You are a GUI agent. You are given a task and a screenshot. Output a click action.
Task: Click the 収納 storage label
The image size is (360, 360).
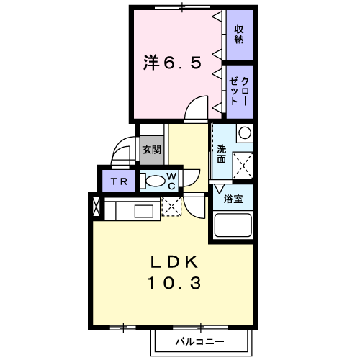point(239,35)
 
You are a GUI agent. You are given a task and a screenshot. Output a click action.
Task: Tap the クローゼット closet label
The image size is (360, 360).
point(238,91)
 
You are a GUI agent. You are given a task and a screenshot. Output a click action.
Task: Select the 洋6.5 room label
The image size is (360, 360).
point(172,63)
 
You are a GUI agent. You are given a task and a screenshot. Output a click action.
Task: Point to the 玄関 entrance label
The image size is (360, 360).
point(151,150)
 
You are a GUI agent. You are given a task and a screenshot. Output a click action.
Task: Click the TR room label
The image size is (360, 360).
point(119,181)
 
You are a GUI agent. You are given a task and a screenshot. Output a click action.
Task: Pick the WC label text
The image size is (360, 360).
point(171,181)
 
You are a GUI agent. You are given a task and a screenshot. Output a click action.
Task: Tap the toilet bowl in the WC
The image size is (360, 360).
point(154,181)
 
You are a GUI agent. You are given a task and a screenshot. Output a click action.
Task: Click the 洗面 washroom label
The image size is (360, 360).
point(222,154)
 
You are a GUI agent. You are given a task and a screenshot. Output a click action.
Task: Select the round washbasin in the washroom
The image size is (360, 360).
point(245,132)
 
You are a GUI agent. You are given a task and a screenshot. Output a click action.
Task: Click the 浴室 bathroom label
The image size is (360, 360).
point(233,199)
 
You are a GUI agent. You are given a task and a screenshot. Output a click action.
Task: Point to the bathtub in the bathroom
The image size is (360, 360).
point(233,225)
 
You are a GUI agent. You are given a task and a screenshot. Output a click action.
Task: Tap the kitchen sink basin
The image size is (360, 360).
point(144,212)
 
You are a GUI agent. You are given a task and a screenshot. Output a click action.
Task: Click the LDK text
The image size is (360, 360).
point(174,262)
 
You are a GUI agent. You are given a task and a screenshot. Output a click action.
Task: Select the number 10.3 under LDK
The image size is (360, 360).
point(174,283)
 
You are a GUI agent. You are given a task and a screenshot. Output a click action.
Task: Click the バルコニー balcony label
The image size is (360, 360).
point(200,341)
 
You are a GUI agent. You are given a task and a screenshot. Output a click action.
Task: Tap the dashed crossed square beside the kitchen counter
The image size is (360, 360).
point(171,207)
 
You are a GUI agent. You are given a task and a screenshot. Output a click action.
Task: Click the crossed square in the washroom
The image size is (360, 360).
point(243,166)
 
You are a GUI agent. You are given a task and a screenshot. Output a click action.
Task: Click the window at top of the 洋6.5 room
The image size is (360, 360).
point(182,7)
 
